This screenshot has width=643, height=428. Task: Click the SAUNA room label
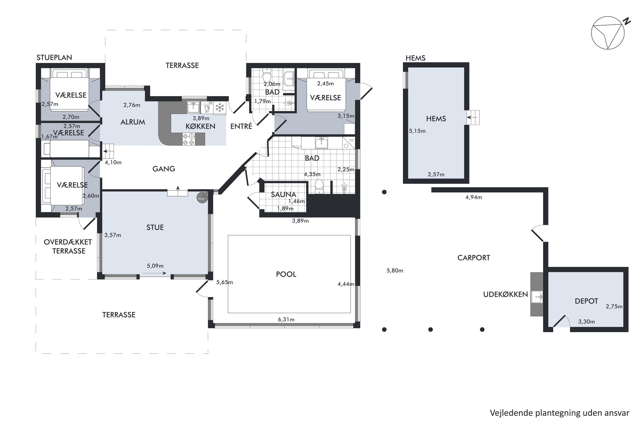[x=284, y=194]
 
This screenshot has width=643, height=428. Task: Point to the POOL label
[x=286, y=274]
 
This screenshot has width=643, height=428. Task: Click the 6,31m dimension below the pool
[x=286, y=319]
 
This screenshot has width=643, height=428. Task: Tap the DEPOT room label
[x=586, y=301]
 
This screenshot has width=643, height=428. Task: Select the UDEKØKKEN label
[x=505, y=294]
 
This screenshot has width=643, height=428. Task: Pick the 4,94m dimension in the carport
[x=474, y=197]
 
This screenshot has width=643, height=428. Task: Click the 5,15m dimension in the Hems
[x=417, y=131]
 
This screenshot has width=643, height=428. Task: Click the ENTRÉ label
[x=241, y=126]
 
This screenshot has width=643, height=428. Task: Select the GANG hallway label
[x=164, y=169]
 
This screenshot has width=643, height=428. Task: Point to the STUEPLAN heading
[x=54, y=57]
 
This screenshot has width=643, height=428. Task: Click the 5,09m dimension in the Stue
[x=155, y=266]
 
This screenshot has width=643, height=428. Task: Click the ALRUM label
[x=133, y=122]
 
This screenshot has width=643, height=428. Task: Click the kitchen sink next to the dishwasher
[x=193, y=107]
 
